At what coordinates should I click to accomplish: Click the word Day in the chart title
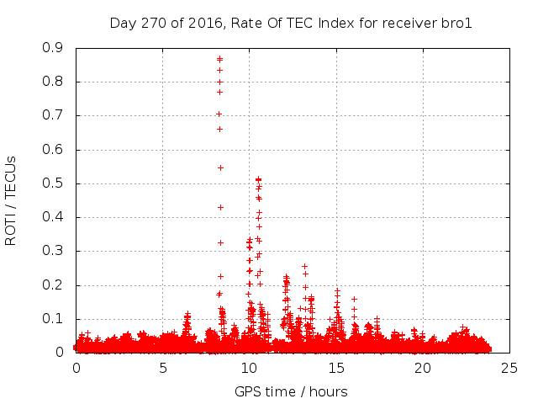point(123,24)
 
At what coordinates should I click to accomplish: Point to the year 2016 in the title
point(203,24)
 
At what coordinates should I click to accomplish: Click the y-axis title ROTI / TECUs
point(12,200)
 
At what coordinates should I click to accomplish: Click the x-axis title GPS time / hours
point(291,391)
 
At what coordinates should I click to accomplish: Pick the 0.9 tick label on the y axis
point(52,48)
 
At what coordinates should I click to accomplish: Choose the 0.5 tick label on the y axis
point(52,183)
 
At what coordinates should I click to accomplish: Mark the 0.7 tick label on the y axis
point(52,115)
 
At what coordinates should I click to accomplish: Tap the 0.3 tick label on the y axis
point(52,251)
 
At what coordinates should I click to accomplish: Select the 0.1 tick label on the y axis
point(52,319)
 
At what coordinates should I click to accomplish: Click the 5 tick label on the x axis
point(162,368)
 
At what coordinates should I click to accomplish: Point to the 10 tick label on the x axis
point(249,368)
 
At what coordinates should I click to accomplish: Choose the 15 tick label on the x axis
point(335,368)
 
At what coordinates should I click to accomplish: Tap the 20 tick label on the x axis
point(422,368)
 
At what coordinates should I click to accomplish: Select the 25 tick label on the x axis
point(509,368)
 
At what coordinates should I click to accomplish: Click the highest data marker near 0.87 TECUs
point(219,59)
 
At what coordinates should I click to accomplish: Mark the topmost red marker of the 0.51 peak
point(258,179)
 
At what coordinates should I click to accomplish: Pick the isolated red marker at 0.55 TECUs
point(220,167)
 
